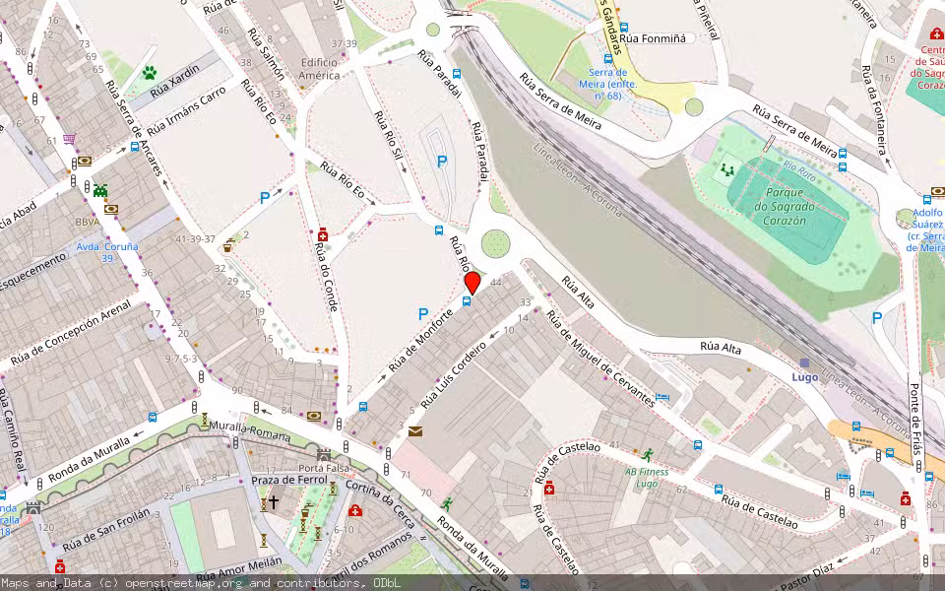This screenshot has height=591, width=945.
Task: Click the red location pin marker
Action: pos(472,283)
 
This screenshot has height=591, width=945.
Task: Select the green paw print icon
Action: pos(150,72)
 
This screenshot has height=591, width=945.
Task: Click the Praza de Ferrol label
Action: pos(289,479)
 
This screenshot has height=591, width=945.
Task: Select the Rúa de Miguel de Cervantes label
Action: pos(599,360)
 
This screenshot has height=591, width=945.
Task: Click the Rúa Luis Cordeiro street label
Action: pos(455,375)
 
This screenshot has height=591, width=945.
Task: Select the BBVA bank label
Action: pos(88,223)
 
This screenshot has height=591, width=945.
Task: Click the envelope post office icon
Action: pos(415,431)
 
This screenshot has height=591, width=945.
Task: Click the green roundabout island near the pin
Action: pos(496,242)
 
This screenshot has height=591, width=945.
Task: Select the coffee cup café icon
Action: pos(229,246)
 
